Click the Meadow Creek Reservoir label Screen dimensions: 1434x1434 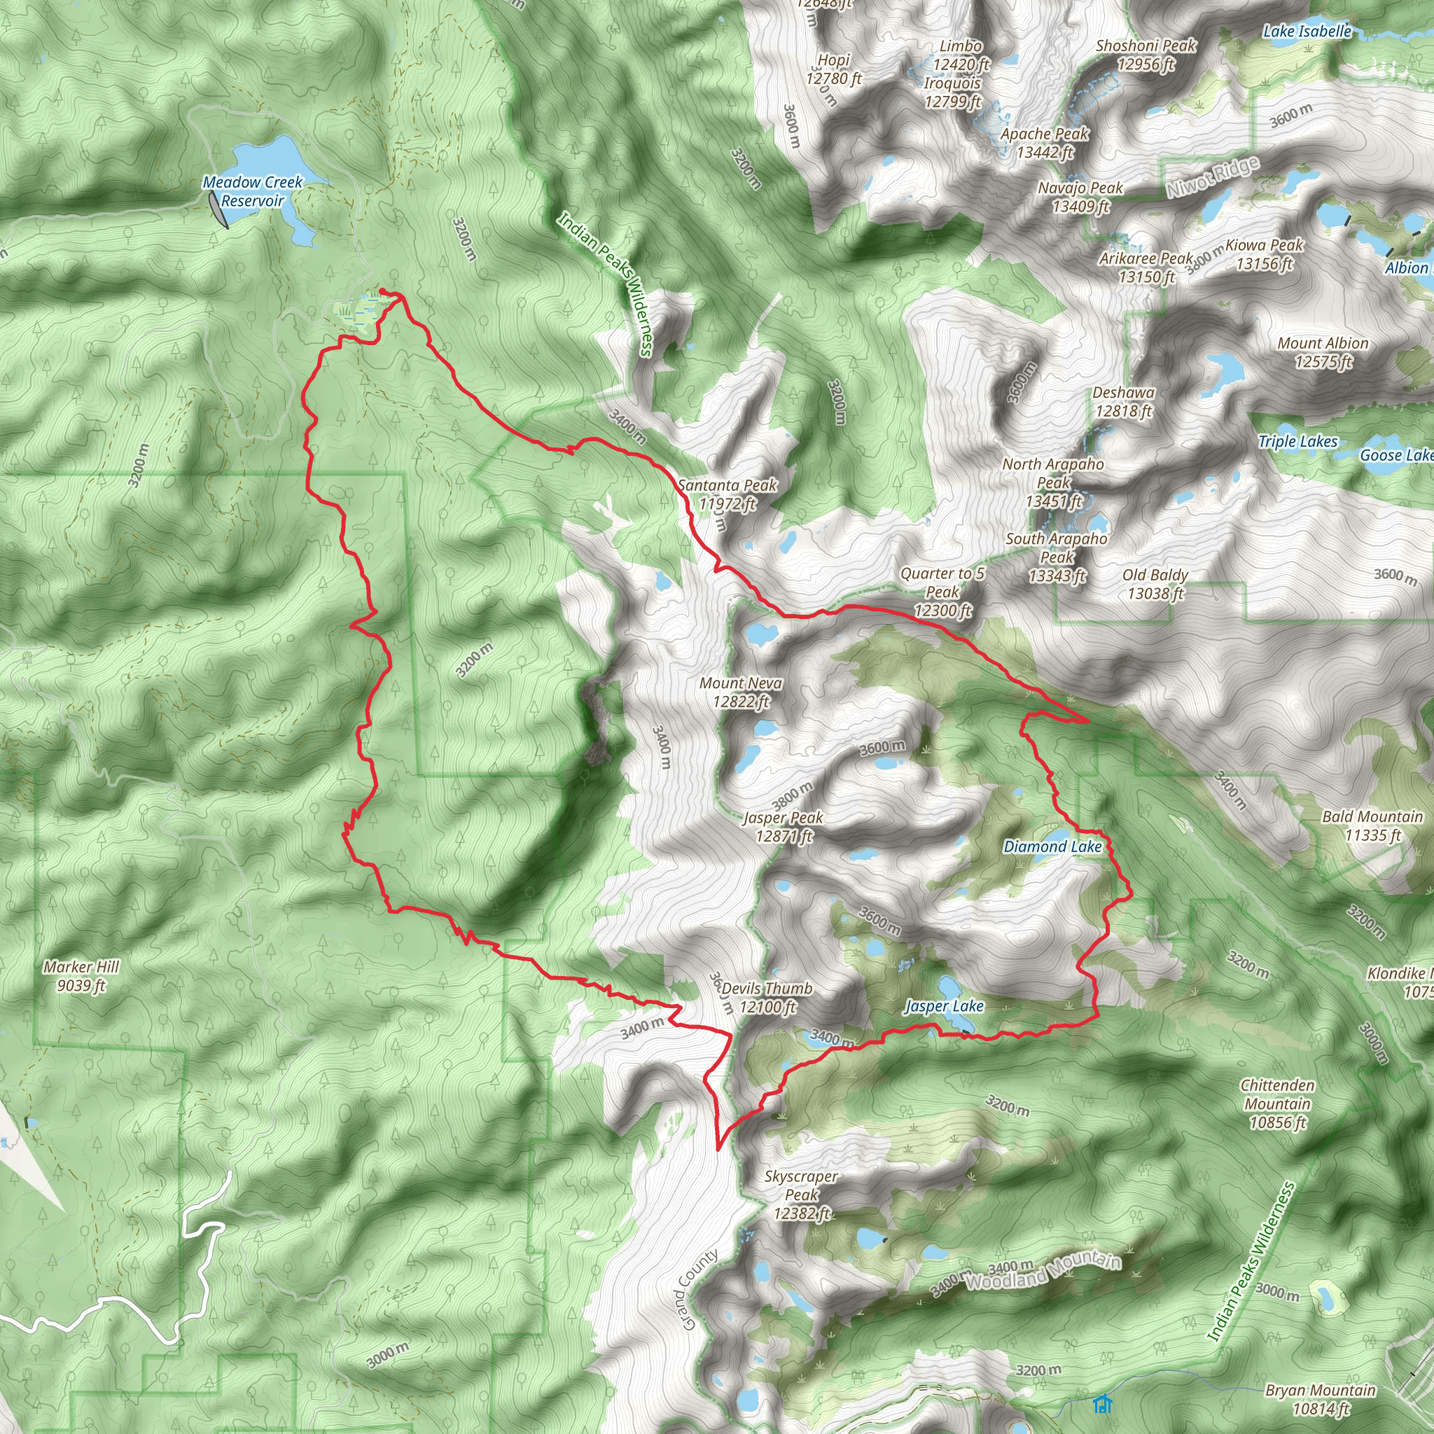click(x=252, y=191)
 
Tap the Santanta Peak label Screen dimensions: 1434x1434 click(x=728, y=494)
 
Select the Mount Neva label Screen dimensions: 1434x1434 click(x=741, y=692)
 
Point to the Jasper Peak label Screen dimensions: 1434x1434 click(x=784, y=827)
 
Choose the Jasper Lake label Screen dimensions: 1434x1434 click(x=944, y=1005)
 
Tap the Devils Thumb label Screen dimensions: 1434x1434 click(x=767, y=998)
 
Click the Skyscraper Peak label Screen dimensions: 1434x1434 click(x=801, y=1195)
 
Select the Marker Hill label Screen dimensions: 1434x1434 click(x=81, y=975)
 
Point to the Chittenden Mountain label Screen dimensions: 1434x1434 click(x=1277, y=1104)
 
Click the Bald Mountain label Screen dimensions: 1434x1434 click(x=1372, y=826)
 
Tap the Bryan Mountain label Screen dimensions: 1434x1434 click(x=1321, y=1399)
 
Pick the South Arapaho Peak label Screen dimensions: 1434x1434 click(x=1056, y=557)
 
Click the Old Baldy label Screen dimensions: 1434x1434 click(x=1155, y=583)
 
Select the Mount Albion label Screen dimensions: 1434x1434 click(x=1323, y=351)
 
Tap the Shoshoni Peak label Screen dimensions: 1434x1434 click(x=1146, y=55)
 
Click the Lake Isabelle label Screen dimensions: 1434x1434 click(x=1307, y=32)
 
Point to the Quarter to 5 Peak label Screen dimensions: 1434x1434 click(x=942, y=592)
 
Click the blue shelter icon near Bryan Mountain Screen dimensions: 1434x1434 click(x=1102, y=1404)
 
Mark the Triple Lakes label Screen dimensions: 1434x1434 click(x=1297, y=442)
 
